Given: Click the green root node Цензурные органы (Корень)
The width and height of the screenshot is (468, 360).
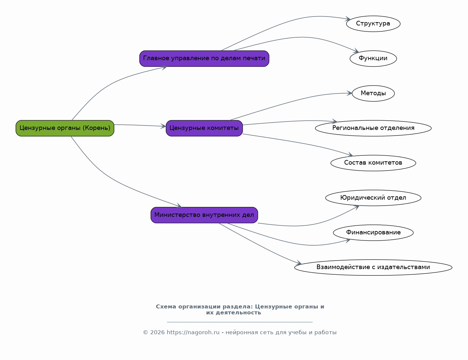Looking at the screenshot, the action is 65,128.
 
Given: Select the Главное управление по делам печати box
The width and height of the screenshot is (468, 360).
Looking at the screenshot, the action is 204,59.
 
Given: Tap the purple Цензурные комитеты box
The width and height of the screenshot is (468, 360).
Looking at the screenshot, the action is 204,128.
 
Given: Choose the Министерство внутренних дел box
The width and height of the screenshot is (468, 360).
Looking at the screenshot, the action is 204,215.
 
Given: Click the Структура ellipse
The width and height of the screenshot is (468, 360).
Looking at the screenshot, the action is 373,24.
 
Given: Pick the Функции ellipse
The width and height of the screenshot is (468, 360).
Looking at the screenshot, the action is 373,59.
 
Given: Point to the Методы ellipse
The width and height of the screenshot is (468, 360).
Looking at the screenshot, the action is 373,93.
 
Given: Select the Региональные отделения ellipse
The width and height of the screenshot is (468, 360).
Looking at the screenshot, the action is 373,128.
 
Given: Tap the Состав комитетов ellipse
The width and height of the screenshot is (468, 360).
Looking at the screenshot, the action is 373,163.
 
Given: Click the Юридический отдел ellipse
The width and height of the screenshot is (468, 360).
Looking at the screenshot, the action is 373,198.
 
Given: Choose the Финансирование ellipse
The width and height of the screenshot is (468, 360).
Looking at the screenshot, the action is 373,233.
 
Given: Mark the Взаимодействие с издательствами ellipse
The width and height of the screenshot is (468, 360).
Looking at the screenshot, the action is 373,267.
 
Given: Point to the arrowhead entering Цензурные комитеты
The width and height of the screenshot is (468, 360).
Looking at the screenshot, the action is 163,126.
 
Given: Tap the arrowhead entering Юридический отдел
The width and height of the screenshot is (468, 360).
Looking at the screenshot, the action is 357,207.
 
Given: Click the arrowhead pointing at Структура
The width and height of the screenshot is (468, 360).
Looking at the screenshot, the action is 348,19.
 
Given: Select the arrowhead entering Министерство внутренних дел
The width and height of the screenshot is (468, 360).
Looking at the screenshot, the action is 179,206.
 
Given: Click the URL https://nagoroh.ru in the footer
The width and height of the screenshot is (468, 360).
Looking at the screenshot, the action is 193,333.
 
